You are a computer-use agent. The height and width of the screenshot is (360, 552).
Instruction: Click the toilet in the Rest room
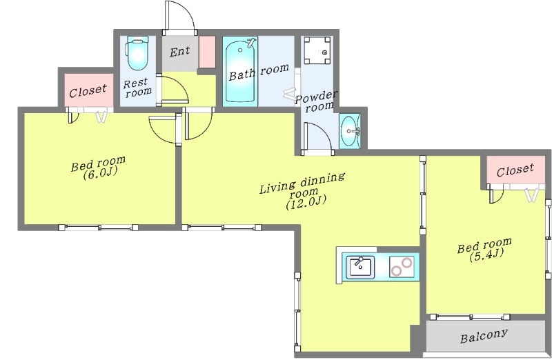point(137,54)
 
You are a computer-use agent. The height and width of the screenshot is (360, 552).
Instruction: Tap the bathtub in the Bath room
point(239,72)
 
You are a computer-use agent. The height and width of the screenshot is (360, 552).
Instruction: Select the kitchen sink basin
point(359,268)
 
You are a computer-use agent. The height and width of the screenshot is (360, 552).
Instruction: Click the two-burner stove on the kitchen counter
point(402,267)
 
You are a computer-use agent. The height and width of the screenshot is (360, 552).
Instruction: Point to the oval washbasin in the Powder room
point(349,131)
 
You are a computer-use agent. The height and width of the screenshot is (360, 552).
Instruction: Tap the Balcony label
point(484,336)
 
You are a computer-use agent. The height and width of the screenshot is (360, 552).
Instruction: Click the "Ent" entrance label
point(179,52)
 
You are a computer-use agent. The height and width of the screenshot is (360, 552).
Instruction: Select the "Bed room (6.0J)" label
point(98,168)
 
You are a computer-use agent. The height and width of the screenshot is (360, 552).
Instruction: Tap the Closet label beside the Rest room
point(88,91)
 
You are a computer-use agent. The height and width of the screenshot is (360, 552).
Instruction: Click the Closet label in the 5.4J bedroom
point(515,170)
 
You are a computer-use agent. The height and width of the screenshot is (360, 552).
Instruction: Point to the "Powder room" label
point(316,101)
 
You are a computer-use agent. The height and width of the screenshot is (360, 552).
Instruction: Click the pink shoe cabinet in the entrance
point(207,52)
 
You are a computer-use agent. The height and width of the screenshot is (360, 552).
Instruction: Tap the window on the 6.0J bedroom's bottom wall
point(98,228)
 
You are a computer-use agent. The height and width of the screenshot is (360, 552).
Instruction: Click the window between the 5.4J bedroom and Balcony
point(471,317)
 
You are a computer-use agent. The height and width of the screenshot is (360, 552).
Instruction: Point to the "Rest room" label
point(137,88)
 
